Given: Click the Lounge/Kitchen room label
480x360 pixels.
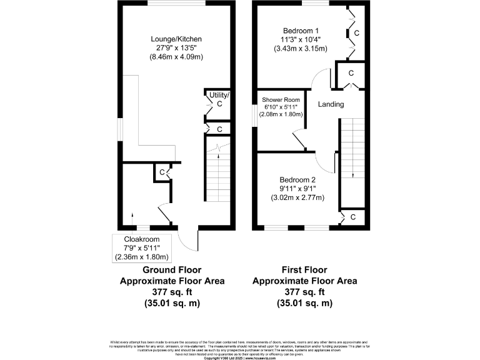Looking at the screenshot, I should [180, 39].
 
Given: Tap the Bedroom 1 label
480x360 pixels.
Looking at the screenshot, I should [301, 31].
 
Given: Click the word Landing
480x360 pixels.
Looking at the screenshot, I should [331, 104].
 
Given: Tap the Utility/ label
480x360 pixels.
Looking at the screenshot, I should [219, 95].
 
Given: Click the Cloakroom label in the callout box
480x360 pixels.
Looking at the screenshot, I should [142, 239].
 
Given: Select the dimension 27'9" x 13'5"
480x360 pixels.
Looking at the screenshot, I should [180, 48].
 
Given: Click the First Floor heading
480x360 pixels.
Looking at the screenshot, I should [304, 271].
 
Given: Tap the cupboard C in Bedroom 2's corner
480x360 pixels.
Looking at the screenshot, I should [352, 217].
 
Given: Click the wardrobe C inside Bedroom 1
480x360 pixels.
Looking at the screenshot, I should [356, 32].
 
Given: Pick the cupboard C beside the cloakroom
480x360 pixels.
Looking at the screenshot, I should [162, 172].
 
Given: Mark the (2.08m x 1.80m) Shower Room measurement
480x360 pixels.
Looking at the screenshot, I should [282, 114].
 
